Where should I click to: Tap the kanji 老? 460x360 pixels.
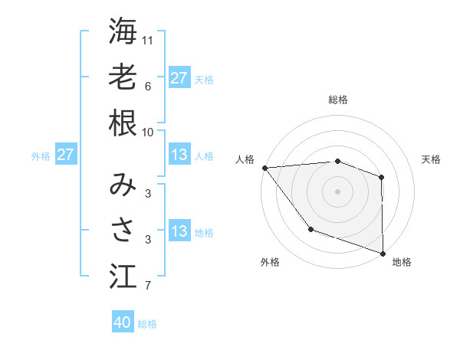[x=123, y=77]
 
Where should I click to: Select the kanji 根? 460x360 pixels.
[x=123, y=123]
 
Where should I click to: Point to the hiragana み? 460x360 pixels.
[x=123, y=183]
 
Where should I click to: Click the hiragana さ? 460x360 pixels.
[x=123, y=229]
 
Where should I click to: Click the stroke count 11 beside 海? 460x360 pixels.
[x=149, y=39]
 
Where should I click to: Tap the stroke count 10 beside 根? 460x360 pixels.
[x=149, y=132]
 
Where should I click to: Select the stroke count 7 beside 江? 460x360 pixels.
[x=147, y=286]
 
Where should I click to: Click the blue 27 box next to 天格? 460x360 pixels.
[x=179, y=77]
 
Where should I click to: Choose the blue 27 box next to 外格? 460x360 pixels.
[x=66, y=155]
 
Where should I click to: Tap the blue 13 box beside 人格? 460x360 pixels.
[x=179, y=155]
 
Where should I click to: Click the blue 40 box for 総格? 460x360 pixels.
[x=123, y=322]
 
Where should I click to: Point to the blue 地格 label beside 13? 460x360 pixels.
[x=204, y=233]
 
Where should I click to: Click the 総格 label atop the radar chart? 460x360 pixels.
[x=338, y=100]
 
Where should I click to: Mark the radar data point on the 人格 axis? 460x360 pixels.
[x=264, y=168]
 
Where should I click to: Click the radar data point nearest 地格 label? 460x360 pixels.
[x=383, y=253]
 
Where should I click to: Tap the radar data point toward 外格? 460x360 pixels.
[x=310, y=228]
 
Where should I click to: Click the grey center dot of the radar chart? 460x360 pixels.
[x=337, y=191]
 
